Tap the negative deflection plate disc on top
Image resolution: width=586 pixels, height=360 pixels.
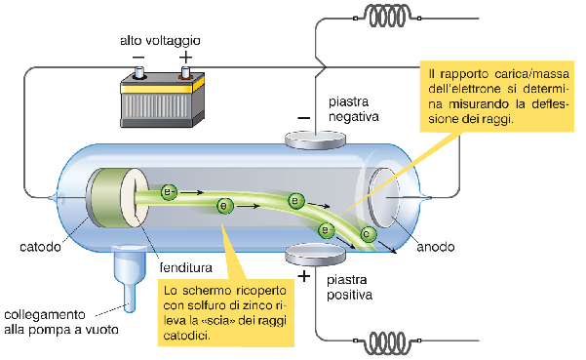[x=313, y=140]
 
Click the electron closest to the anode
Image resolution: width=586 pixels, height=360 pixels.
[x=367, y=234]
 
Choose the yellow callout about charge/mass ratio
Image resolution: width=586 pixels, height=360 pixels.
[x=498, y=96]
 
